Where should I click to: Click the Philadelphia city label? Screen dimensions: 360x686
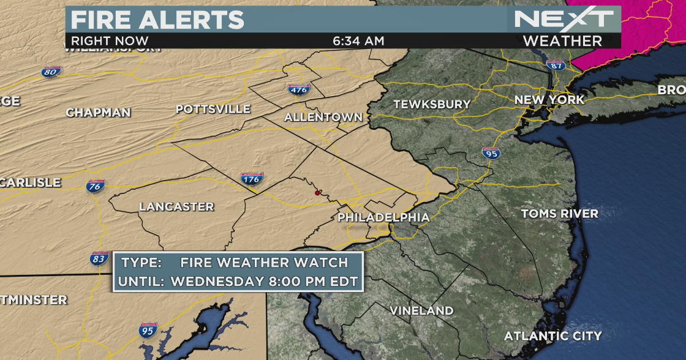click(383, 217)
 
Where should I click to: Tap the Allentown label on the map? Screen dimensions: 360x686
click(323, 117)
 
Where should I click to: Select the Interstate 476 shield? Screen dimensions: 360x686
click(299, 89)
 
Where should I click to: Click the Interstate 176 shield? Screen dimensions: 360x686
click(252, 179)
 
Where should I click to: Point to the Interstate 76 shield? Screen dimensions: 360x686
click(95, 186)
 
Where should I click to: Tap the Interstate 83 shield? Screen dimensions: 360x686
click(99, 258)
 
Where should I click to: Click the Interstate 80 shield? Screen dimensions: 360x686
click(52, 72)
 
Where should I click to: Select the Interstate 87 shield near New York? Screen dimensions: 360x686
click(556, 66)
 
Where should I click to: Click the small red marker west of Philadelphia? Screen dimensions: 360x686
click(317, 193)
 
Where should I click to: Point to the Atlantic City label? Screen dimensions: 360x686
click(552, 336)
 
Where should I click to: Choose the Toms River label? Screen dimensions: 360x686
click(559, 214)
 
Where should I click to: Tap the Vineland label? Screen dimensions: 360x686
click(421, 310)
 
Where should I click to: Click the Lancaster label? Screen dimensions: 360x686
click(176, 207)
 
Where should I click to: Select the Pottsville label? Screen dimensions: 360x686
click(213, 109)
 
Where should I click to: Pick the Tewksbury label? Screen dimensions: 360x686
click(432, 105)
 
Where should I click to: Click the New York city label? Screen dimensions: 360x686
click(549, 100)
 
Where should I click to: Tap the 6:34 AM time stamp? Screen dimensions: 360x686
click(358, 41)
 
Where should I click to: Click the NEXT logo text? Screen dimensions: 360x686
click(563, 18)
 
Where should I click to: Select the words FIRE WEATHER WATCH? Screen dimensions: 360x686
click(264, 263)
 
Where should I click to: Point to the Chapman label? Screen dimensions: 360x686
click(98, 113)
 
